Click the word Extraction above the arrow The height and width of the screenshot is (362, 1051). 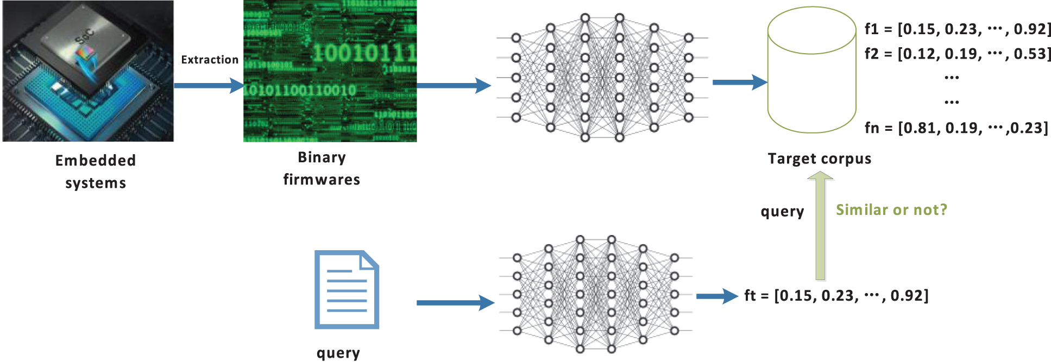(210, 60)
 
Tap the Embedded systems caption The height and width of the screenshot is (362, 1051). (96, 172)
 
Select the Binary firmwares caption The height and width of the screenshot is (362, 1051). (322, 168)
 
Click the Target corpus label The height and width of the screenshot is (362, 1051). (819, 158)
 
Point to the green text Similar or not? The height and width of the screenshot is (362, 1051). (891, 209)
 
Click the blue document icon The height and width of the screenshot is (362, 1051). (347, 289)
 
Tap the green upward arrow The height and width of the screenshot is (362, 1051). (820, 225)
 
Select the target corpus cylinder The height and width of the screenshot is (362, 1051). (811, 71)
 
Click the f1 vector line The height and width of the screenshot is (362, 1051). (958, 29)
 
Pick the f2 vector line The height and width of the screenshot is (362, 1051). (958, 54)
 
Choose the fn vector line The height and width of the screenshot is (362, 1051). (956, 128)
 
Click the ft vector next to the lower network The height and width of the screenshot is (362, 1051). (836, 296)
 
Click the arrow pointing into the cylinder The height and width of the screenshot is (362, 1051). (739, 82)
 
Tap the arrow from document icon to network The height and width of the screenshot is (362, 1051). (455, 303)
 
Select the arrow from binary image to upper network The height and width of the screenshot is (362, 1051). (454, 85)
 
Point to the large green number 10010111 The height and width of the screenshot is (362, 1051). (364, 53)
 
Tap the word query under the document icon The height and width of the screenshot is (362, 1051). (338, 353)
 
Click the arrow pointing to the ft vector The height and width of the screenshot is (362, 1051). (717, 296)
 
